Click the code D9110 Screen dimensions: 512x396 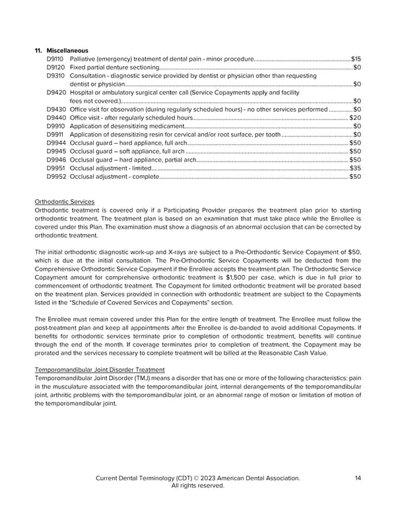pyautogui.click(x=56, y=59)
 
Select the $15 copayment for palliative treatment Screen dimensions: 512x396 pyautogui.click(x=356, y=59)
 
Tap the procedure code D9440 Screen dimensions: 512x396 pyautogui.click(x=56, y=117)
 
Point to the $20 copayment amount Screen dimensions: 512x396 pyautogui.click(x=354, y=117)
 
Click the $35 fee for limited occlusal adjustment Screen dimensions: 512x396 pyautogui.click(x=355, y=168)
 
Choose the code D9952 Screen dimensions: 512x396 pyautogui.click(x=56, y=177)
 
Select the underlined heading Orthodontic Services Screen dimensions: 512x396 pyautogui.click(x=64, y=201)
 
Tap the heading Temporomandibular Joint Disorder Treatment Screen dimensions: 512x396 pyautogui.click(x=99, y=369)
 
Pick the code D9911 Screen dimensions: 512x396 pyautogui.click(x=55, y=135)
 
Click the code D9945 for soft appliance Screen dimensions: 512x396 pyautogui.click(x=56, y=151)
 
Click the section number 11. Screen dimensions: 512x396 pyautogui.click(x=38, y=50)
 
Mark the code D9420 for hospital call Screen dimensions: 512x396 pyautogui.click(x=56, y=92)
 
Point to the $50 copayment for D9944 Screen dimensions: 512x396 pyautogui.click(x=354, y=143)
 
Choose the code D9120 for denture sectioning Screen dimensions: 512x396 pyautogui.click(x=56, y=67)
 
